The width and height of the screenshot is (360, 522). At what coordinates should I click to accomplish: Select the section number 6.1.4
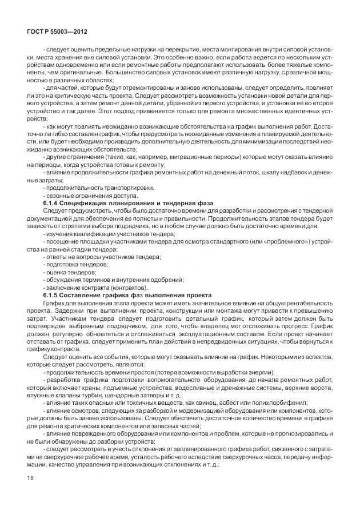(53, 203)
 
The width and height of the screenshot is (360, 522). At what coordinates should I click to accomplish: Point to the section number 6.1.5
(53, 295)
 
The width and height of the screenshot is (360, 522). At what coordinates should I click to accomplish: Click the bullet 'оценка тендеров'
(69, 273)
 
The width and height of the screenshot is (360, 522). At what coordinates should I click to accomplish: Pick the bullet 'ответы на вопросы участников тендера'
(94, 257)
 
